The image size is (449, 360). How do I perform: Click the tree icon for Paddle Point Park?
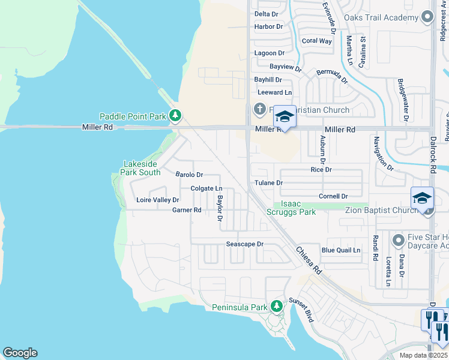pos(175,115)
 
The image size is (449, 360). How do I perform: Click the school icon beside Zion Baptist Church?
pos(422,198)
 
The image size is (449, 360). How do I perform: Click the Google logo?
pos(20,353)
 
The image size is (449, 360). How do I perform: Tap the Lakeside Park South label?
pos(142,167)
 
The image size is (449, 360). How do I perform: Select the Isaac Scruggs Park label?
pos(298,208)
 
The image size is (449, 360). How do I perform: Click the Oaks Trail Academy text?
pos(385,17)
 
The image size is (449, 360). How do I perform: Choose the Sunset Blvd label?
pos(301,308)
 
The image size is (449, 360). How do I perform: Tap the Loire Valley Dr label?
pos(157,200)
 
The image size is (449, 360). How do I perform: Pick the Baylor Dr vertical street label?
pos(220,208)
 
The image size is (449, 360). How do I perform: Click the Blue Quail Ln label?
pos(340,250)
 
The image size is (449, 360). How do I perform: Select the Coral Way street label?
pos(316,41)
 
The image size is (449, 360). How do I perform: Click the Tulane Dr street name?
pos(268,182)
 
